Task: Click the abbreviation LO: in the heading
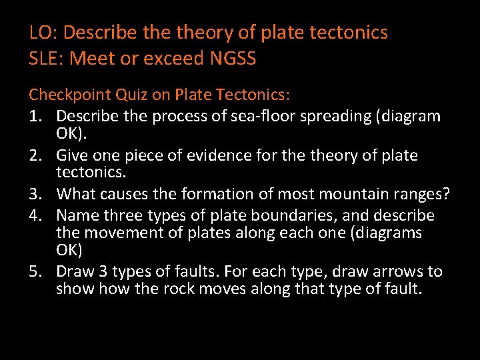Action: pyautogui.click(x=44, y=32)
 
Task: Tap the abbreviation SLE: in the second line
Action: pyautogui.click(x=47, y=59)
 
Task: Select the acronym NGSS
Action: pyautogui.click(x=233, y=59)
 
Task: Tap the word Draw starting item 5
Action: pyautogui.click(x=75, y=271)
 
